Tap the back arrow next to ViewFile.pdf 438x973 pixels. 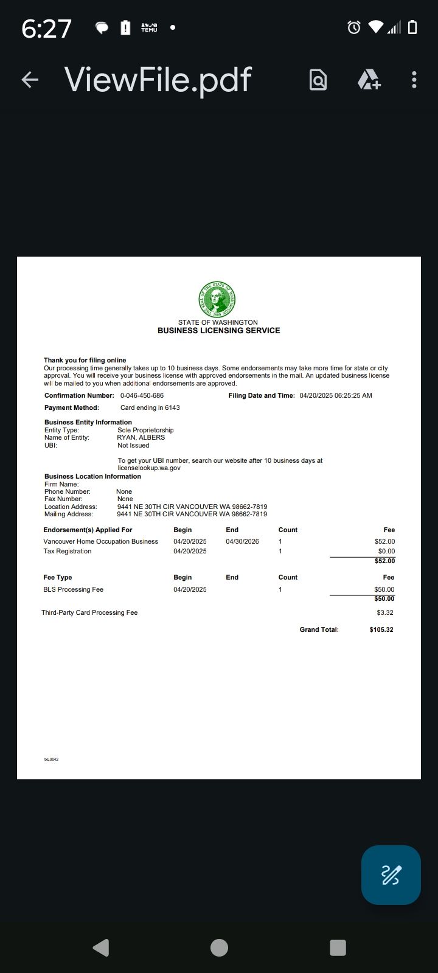[30, 80]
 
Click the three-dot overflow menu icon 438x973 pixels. [414, 80]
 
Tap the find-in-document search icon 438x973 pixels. [318, 80]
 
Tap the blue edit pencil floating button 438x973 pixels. [391, 874]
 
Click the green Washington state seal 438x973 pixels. [217, 299]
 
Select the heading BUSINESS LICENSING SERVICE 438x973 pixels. [218, 331]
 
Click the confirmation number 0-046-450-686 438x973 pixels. [142, 395]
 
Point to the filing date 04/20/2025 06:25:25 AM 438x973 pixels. [335, 395]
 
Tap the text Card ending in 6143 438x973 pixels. [150, 407]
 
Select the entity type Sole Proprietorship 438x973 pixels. [145, 430]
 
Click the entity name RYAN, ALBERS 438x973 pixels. [141, 437]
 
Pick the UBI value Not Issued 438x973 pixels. [133, 445]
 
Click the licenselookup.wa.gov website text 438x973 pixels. [149, 468]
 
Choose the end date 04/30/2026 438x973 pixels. [242, 541]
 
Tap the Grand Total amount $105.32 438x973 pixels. [381, 629]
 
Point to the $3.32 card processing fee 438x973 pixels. [384, 612]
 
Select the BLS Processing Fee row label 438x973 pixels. [73, 589]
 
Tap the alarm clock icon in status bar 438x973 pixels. [353, 27]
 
